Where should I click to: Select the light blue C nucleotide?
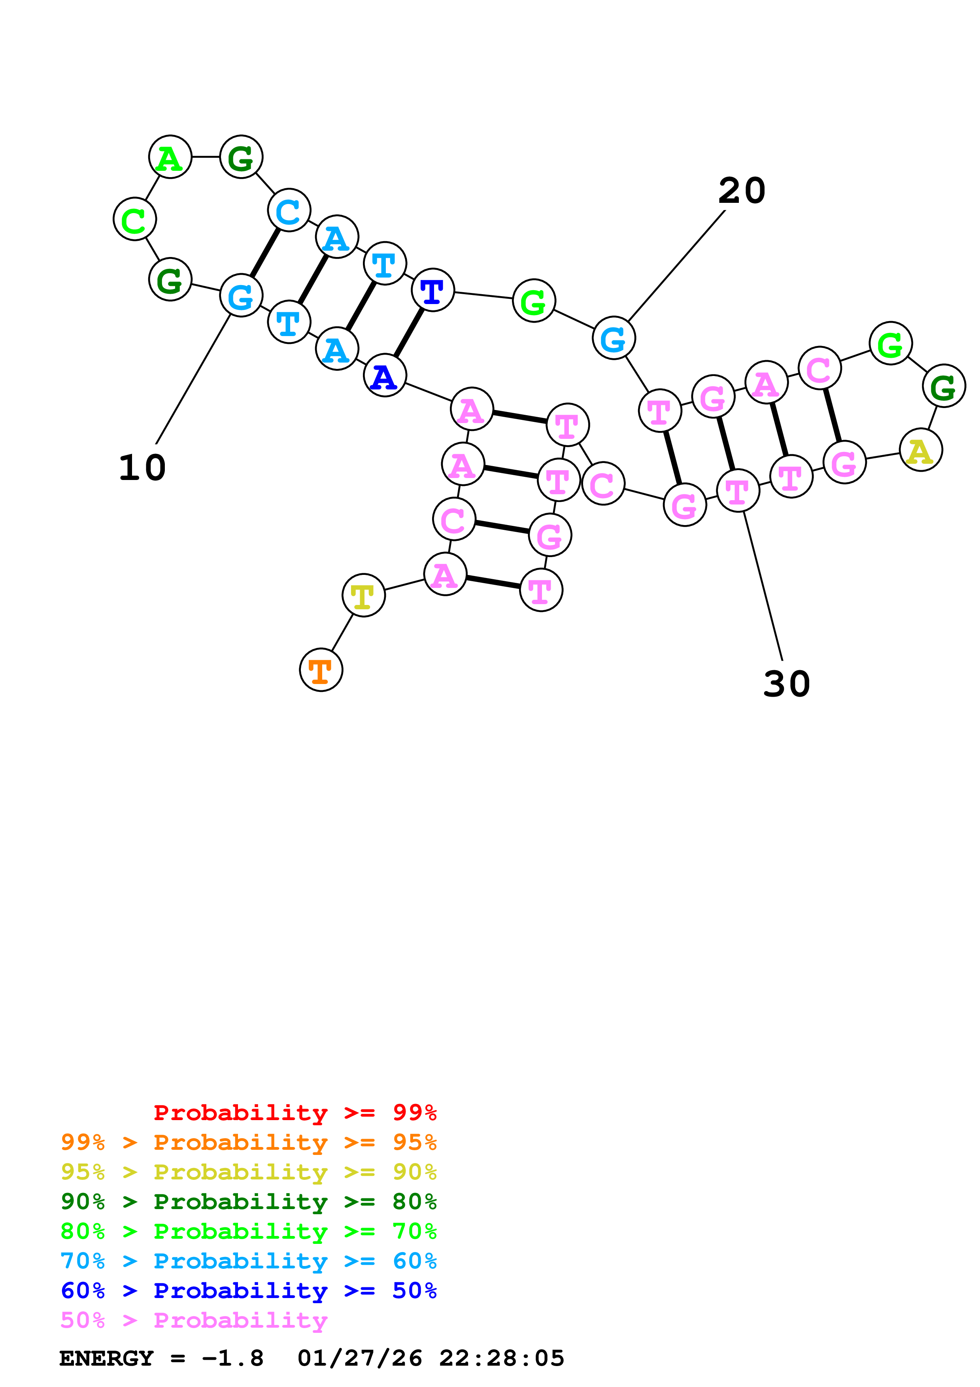click(x=289, y=210)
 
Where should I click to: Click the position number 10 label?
click(x=142, y=468)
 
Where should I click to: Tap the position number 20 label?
click(x=742, y=191)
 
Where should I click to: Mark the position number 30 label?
click(x=786, y=684)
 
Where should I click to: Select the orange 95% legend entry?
click(x=249, y=1142)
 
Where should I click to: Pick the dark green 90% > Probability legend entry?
click(x=249, y=1202)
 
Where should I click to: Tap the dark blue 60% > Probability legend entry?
click(x=249, y=1291)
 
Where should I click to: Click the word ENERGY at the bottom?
click(x=106, y=1358)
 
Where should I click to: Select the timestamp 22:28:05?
click(x=501, y=1358)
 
